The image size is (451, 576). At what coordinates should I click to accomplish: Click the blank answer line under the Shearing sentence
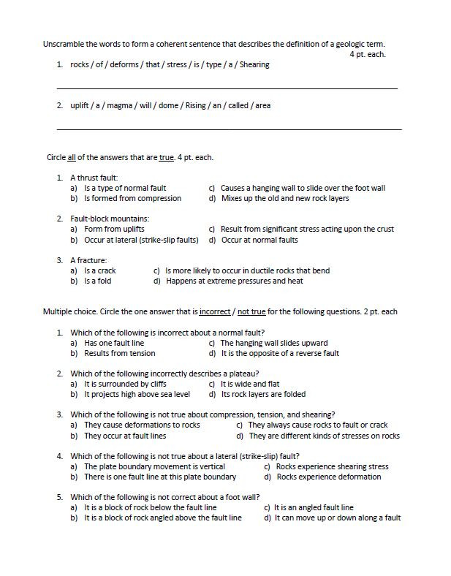(x=227, y=88)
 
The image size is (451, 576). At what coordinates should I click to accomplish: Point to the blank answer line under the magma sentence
(x=228, y=129)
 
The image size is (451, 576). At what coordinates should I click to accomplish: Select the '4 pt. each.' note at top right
(x=367, y=54)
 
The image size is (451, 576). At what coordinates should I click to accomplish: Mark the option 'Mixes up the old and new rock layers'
(x=285, y=198)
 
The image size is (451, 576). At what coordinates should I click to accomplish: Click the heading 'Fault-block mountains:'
(x=110, y=219)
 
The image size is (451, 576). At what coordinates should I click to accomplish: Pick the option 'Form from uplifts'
(x=114, y=229)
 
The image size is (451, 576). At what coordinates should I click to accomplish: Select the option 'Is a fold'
(x=98, y=281)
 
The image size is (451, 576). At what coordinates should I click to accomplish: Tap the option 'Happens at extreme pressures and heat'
(x=234, y=281)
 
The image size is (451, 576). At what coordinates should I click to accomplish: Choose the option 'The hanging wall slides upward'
(x=273, y=343)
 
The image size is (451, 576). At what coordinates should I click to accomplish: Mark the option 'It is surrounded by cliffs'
(x=125, y=384)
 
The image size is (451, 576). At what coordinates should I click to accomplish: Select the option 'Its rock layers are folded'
(x=263, y=395)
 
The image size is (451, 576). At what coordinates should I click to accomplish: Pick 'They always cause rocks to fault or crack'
(x=317, y=425)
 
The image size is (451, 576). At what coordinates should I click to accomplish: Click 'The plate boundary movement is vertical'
(x=154, y=466)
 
